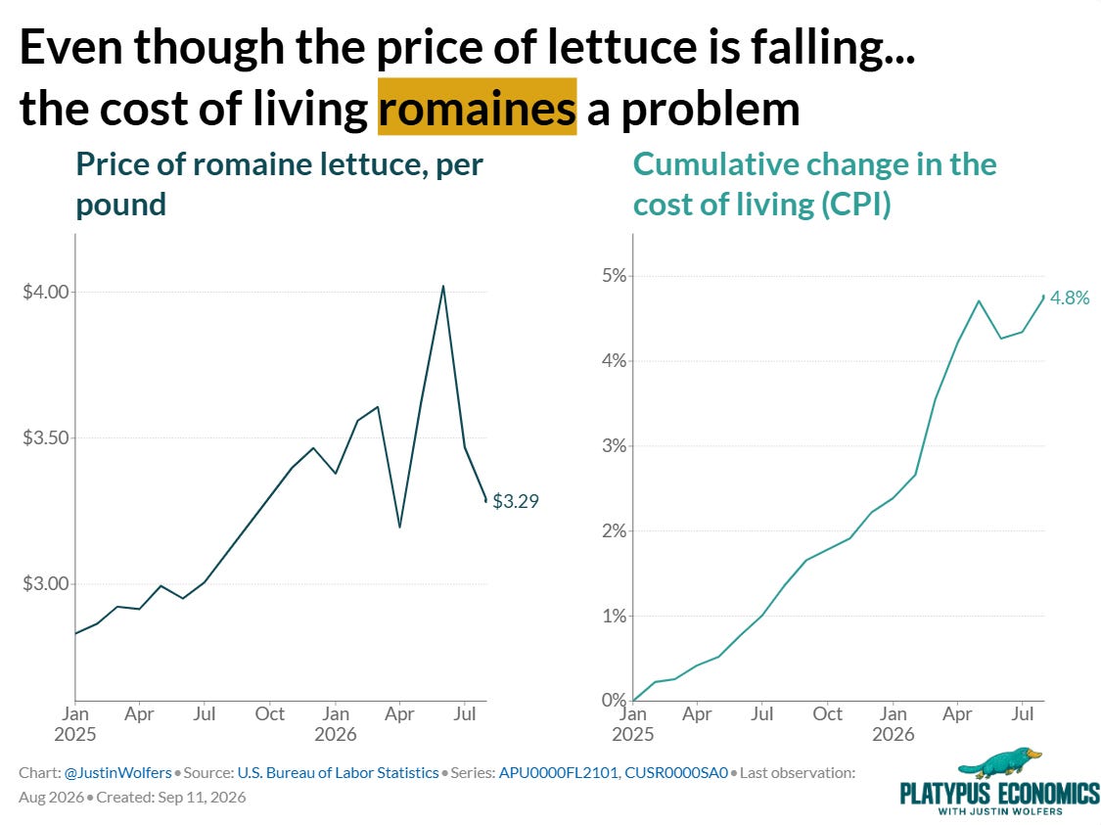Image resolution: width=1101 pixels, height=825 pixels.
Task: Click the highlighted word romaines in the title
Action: click(x=478, y=108)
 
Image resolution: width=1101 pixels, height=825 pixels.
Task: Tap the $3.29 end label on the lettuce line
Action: click(x=516, y=501)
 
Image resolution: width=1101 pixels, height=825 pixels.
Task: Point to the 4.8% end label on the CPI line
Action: click(x=1070, y=298)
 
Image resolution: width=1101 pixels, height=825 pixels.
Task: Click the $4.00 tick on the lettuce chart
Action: click(x=46, y=292)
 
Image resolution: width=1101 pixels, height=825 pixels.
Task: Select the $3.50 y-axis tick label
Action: click(x=46, y=437)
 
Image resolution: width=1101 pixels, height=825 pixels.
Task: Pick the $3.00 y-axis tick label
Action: click(x=46, y=583)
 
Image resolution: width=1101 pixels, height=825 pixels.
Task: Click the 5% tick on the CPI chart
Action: click(x=614, y=275)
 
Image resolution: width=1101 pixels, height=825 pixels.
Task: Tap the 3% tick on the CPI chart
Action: click(x=614, y=446)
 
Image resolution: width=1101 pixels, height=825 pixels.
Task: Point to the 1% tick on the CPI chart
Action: click(x=614, y=616)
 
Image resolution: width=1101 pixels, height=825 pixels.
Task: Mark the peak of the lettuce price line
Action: click(x=443, y=286)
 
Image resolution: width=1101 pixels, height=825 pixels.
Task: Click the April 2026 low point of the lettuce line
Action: click(x=399, y=527)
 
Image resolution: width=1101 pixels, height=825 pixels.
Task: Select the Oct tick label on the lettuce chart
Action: click(x=270, y=714)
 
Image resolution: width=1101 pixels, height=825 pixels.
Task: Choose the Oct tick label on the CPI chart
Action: click(x=827, y=714)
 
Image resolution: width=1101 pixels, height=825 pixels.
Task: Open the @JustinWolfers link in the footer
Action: click(x=118, y=772)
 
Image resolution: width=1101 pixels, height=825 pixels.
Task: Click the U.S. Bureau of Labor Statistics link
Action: click(x=338, y=772)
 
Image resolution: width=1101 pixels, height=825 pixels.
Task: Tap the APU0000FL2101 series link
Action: click(x=558, y=772)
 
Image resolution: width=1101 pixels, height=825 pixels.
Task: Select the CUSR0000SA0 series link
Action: click(x=676, y=772)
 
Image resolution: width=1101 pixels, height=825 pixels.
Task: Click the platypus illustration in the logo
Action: click(x=1000, y=763)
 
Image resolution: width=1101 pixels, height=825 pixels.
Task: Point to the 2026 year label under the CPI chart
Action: click(x=894, y=734)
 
